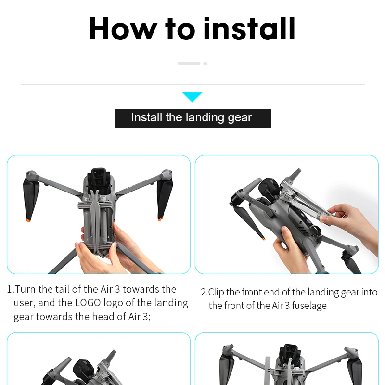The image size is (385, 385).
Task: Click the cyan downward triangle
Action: click(192, 97)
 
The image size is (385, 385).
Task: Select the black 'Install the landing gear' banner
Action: click(192, 118)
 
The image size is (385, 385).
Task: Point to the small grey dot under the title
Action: click(205, 64)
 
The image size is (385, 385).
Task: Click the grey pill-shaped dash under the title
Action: click(189, 64)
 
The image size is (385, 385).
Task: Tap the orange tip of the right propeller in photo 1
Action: click(160, 220)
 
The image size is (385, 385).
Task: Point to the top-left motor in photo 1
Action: click(32, 174)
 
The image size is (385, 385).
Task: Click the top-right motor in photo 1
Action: click(166, 173)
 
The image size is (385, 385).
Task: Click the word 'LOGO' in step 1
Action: click(89, 303)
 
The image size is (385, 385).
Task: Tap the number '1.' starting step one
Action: click(11, 289)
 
